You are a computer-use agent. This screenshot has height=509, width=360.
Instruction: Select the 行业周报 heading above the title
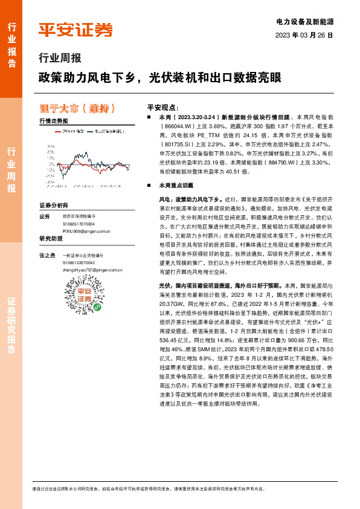click(x=59, y=59)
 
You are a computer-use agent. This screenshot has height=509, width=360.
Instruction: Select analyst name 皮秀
click(x=43, y=216)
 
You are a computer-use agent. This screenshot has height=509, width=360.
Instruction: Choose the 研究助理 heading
click(x=51, y=238)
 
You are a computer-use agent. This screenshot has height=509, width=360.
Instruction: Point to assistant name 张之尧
click(x=47, y=255)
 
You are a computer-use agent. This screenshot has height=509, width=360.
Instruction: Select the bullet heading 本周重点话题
click(x=175, y=186)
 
